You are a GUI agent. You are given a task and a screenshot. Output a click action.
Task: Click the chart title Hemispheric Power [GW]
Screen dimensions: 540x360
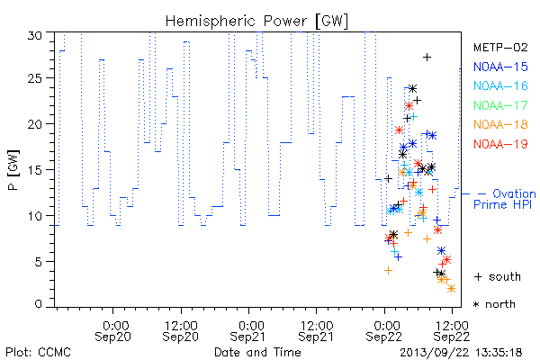pos(256,21)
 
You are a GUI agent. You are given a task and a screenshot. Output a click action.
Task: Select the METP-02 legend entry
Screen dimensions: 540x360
pos(500,47)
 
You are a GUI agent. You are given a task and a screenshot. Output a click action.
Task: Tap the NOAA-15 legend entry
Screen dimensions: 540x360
pos(500,67)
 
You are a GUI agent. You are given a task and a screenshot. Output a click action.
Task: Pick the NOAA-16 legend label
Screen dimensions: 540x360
pos(500,85)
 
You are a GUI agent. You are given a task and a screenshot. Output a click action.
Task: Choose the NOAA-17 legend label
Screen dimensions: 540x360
pos(500,105)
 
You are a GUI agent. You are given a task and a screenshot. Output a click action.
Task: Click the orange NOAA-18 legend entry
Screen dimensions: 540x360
pos(500,124)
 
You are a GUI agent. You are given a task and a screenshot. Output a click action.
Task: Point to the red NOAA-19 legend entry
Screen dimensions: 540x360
pos(500,144)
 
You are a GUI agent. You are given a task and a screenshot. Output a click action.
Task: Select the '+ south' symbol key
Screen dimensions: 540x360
pos(498,276)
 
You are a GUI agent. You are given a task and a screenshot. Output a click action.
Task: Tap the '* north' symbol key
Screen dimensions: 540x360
pos(494,304)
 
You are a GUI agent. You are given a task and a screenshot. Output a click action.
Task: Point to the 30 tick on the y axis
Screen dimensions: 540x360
pos(35,35)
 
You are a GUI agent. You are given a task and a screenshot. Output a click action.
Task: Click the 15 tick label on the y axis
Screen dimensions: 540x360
pos(35,170)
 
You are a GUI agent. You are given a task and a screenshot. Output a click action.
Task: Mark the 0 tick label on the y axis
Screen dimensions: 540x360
pos(38,304)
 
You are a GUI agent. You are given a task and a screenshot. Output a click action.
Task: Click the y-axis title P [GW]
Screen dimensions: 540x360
pos(13,170)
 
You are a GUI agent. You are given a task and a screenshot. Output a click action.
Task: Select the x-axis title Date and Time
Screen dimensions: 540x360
pos(257,352)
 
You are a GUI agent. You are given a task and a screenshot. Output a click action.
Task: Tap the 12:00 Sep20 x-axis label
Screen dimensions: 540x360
pos(181,331)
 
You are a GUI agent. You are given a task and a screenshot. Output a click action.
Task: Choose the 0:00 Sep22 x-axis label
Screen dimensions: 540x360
pos(384,331)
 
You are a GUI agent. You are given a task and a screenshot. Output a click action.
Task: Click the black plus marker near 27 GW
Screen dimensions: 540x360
pos(427,58)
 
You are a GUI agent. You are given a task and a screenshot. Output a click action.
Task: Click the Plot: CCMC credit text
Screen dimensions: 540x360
pos(38,352)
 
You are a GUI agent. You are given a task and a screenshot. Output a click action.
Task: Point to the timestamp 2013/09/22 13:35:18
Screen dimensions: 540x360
pos(461,353)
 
